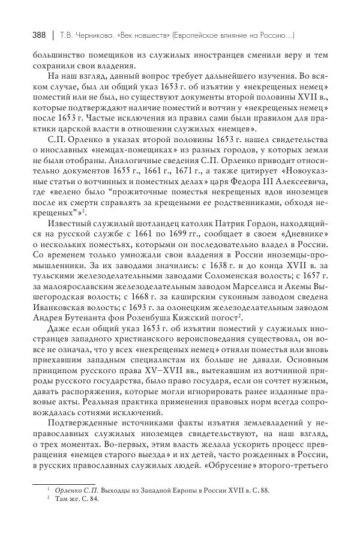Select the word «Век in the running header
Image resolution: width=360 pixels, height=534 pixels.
click(x=136, y=35)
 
